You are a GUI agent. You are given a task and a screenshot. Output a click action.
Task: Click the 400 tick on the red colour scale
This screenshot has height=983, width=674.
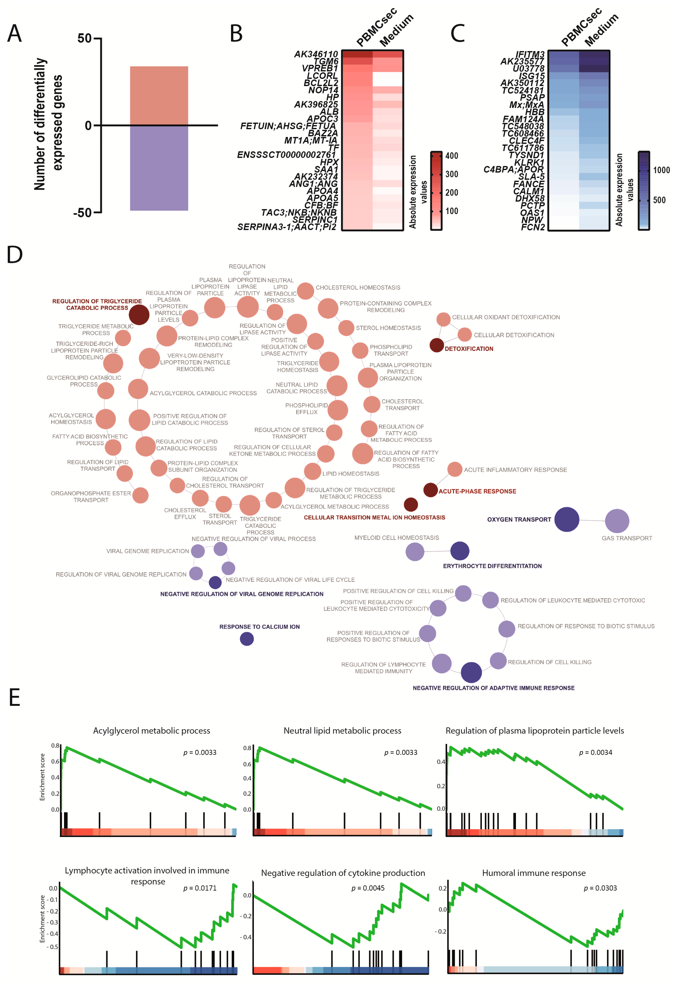tap(452, 156)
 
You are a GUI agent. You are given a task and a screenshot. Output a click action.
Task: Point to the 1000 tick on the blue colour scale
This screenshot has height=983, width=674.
tap(661, 170)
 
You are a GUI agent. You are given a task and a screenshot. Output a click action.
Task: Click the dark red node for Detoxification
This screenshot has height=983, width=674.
tap(437, 345)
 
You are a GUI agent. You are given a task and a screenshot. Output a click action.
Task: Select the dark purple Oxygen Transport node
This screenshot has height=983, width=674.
tap(566, 519)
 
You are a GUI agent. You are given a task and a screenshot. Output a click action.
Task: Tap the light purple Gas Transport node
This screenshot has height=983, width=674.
tap(617, 521)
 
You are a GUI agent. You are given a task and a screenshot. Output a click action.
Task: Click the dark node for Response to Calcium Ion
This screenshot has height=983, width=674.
tap(247, 639)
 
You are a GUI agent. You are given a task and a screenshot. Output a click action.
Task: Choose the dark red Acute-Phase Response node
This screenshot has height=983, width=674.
tap(430, 490)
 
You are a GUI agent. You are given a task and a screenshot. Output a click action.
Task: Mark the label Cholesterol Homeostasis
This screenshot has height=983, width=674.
tap(358, 288)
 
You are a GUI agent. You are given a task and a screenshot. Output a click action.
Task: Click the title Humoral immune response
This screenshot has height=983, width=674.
tap(534, 873)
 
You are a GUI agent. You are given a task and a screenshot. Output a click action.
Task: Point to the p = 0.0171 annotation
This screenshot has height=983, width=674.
tap(200, 888)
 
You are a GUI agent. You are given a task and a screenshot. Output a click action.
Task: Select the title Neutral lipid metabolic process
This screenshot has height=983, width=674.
tap(342, 730)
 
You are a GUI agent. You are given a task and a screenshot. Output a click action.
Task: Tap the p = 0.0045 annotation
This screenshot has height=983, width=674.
tap(368, 888)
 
